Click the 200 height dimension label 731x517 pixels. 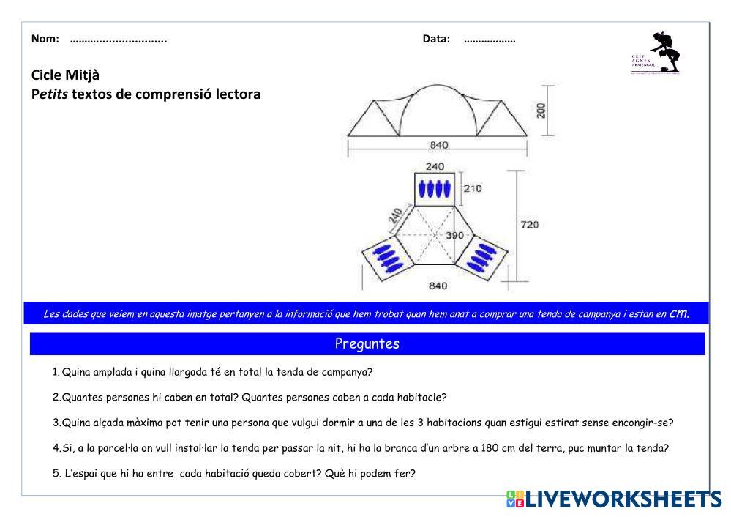tap(541, 111)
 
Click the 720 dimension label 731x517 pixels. tap(529, 225)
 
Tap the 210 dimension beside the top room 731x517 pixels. tap(473, 188)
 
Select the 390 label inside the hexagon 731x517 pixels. tap(455, 236)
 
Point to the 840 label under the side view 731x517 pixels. tap(439, 145)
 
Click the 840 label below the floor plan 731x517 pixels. tap(438, 286)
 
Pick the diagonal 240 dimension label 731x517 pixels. tap(396, 217)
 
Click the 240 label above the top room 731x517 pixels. tap(435, 167)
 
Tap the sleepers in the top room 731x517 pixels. tap(432, 189)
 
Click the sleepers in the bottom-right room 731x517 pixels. tap(481, 256)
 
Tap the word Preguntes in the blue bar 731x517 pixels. tap(367, 343)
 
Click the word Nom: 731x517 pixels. tap(45, 40)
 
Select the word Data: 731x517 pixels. tap(436, 40)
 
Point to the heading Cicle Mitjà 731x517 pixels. tap(65, 75)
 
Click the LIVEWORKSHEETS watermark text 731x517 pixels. tap(622, 499)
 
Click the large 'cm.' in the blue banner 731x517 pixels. tap(680, 313)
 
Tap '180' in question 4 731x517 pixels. tap(490, 448)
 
